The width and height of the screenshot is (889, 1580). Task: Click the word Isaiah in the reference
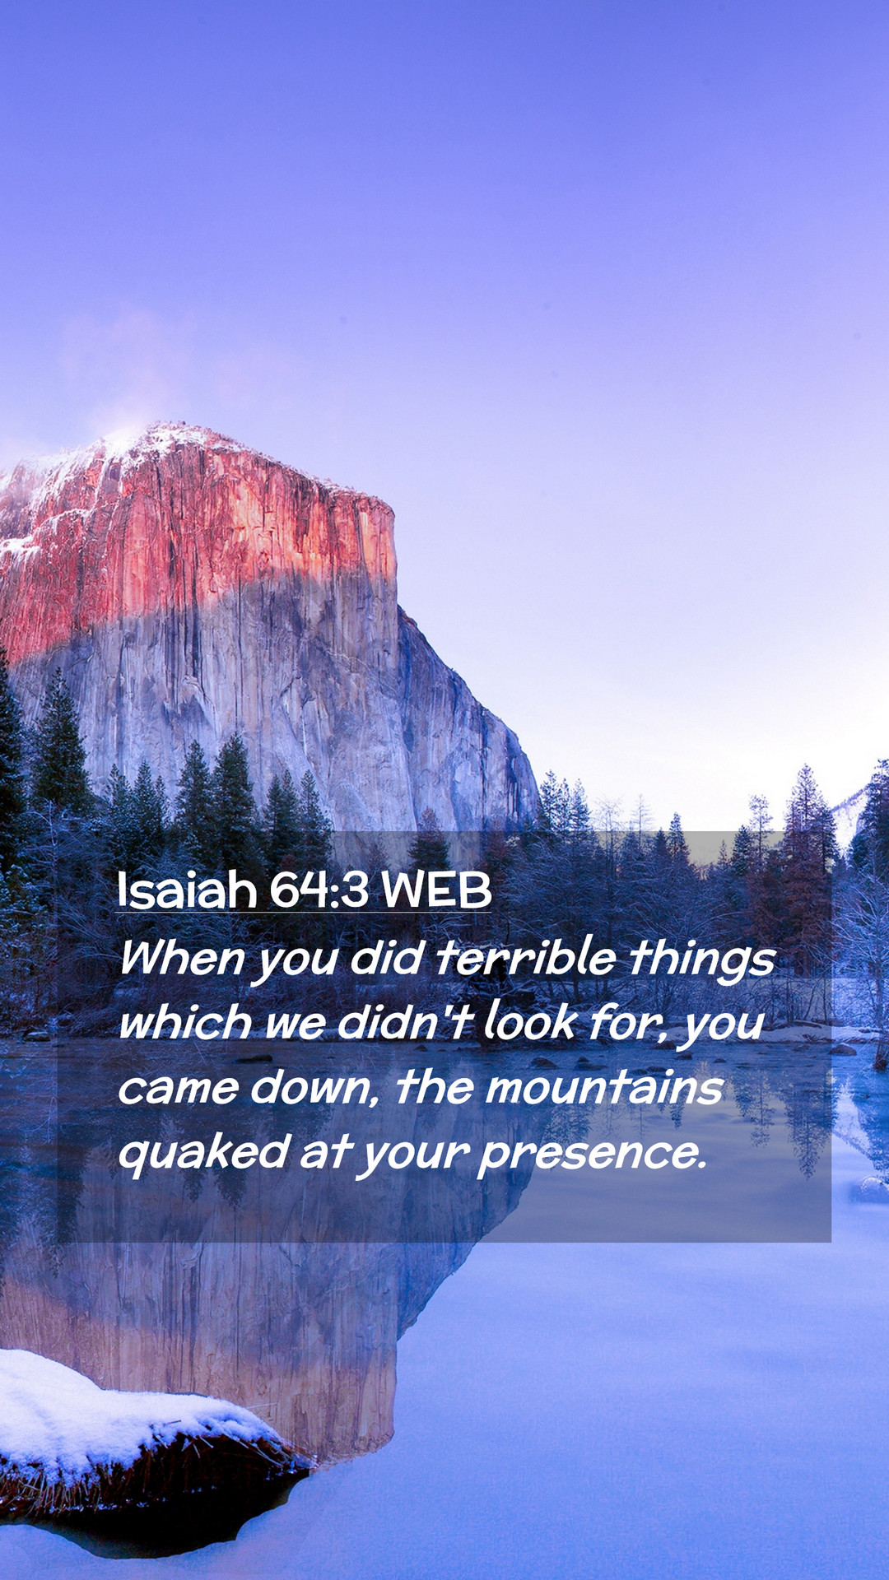(187, 890)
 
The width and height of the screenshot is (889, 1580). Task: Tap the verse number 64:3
(319, 890)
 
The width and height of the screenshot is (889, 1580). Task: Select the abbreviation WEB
(436, 890)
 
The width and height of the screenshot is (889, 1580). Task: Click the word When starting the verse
(182, 959)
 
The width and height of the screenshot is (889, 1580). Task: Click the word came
(177, 1089)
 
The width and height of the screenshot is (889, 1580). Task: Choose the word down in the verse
(313, 1087)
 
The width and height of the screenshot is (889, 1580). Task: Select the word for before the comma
(631, 1022)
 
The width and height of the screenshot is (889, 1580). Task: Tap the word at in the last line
(325, 1152)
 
